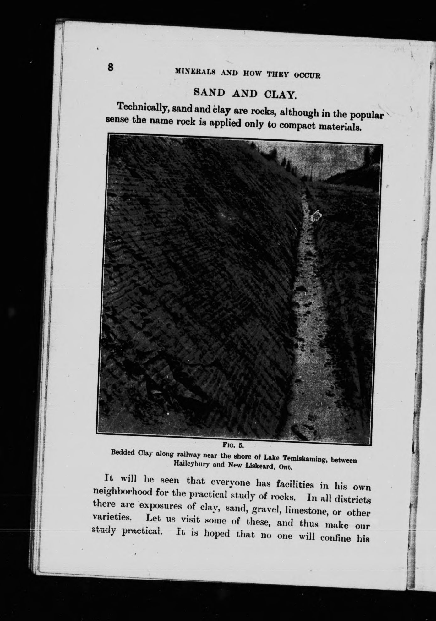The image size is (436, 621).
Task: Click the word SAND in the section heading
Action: coord(210,92)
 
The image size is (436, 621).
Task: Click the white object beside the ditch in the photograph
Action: coord(316,216)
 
